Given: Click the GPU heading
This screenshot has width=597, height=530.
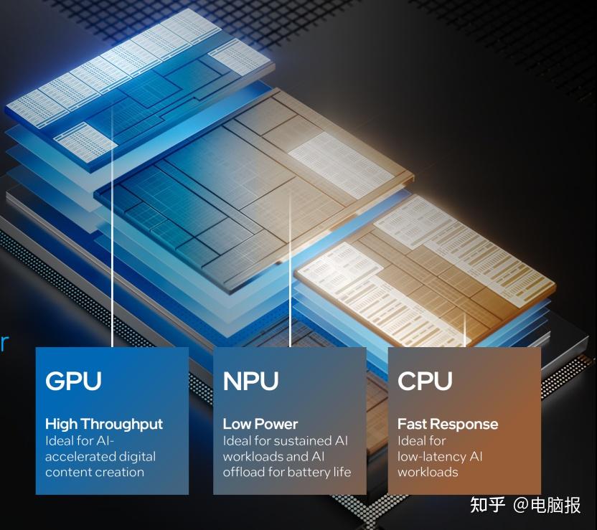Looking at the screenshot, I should point(73,381).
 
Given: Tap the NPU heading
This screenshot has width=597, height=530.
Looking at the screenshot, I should point(250,381).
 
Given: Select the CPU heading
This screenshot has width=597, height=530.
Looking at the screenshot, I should point(425,381).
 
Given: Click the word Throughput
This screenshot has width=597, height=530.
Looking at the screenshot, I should point(121,424).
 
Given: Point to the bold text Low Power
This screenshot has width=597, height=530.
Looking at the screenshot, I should point(260,424).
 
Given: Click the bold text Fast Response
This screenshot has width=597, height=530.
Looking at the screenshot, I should point(448,424).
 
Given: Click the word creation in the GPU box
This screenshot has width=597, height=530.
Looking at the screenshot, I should point(117,472).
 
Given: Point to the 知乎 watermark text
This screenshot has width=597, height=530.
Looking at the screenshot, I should point(487,505).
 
